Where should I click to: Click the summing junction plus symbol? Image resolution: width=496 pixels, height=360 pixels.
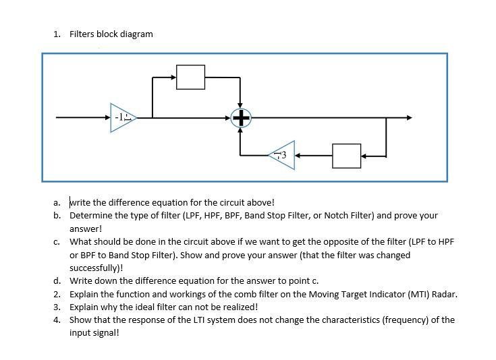(241, 119)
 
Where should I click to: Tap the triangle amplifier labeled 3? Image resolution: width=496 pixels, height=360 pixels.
(283, 155)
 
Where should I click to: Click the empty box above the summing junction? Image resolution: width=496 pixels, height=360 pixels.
(190, 77)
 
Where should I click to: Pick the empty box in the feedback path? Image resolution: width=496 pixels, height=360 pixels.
(347, 156)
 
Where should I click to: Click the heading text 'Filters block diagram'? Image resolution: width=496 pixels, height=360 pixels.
(111, 34)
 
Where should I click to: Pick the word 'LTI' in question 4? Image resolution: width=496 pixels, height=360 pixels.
(182, 320)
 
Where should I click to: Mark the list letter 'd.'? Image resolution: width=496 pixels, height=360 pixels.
(58, 280)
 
